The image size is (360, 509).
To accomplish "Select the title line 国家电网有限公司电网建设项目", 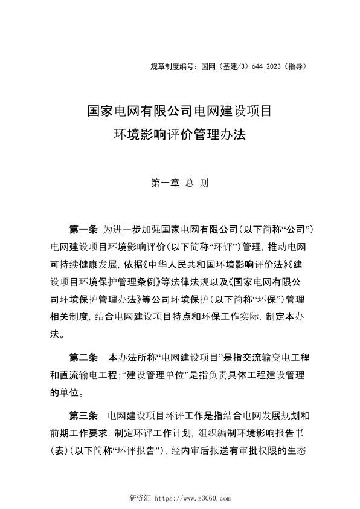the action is (x=179, y=111).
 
